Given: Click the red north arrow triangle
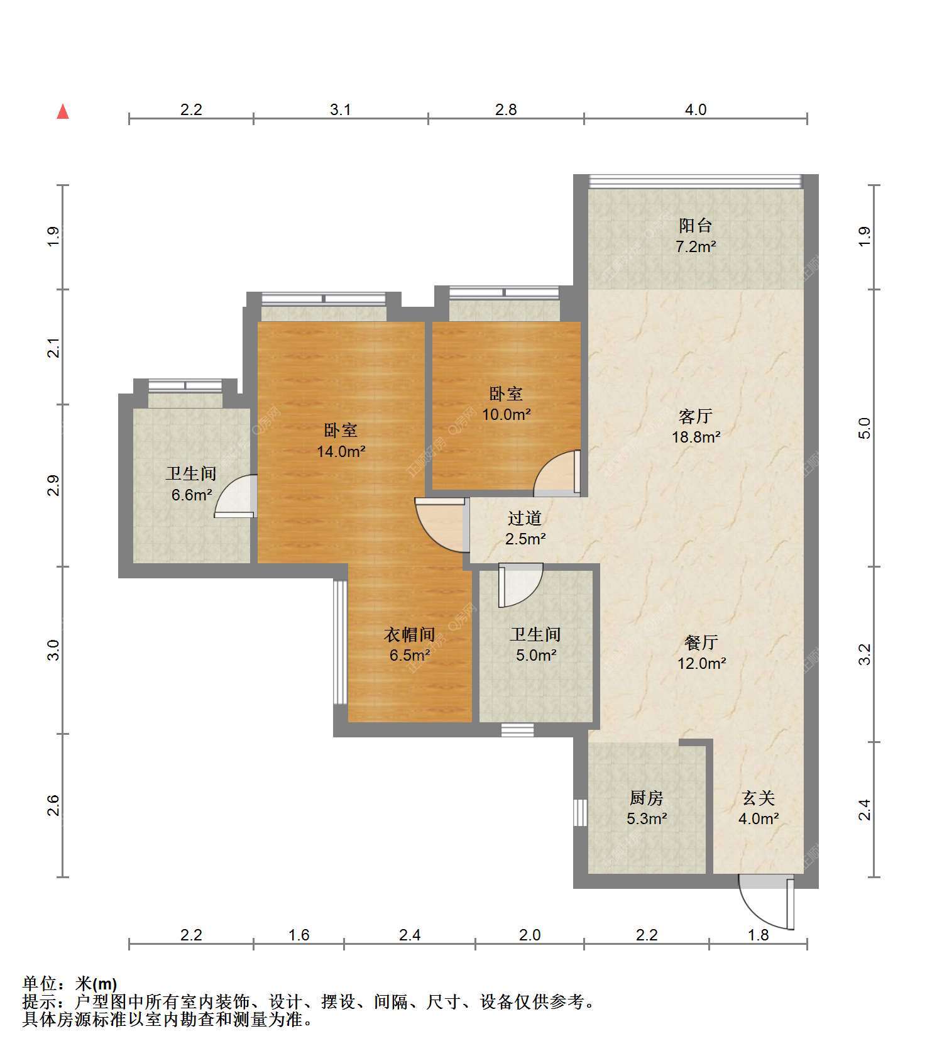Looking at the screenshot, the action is tap(63, 112).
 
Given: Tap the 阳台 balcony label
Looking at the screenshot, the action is tap(696, 225).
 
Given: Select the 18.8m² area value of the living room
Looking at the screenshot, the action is tap(696, 436).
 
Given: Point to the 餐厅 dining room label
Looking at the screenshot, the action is tap(701, 642).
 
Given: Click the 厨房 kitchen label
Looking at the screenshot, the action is tap(647, 798).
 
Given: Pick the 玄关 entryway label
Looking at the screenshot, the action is tap(759, 798).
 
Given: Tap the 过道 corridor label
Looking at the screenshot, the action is tap(525, 518).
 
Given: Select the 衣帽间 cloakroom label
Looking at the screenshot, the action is tap(410, 634).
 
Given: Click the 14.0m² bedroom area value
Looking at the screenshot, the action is tap(341, 451).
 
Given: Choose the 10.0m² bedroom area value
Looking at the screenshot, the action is tap(507, 414).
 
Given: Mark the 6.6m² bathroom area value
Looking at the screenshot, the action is tap(192, 495).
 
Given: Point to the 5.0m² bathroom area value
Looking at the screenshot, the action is tap(536, 655).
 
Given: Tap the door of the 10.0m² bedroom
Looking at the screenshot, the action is tap(557, 472).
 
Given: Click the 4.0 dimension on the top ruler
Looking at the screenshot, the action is tap(696, 109).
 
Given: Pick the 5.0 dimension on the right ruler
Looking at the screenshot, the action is tap(865, 428).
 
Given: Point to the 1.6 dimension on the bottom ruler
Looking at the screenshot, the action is tap(299, 935).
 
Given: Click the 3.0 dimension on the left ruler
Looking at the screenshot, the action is tap(54, 649).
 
